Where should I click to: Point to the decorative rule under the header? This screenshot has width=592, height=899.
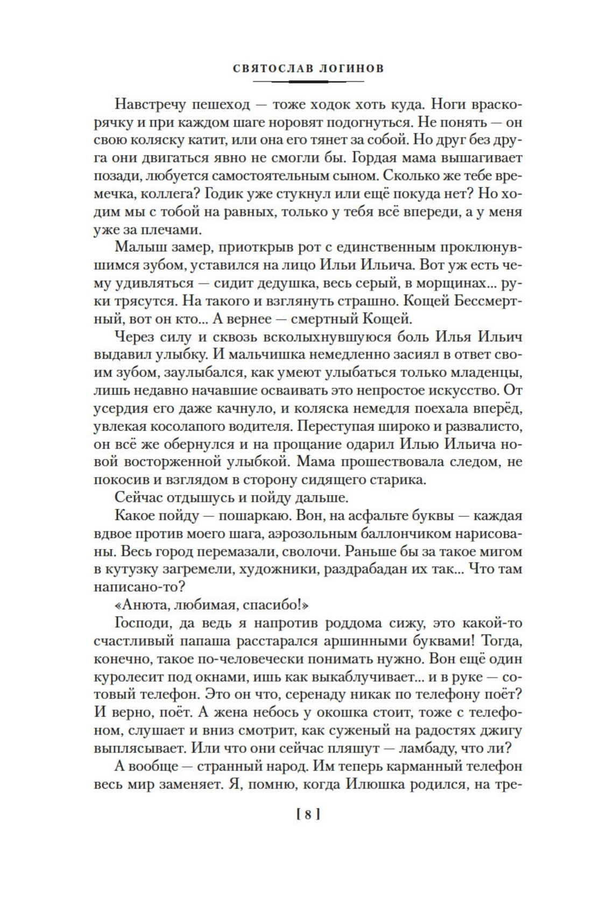308,82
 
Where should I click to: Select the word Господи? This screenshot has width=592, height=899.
143,623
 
